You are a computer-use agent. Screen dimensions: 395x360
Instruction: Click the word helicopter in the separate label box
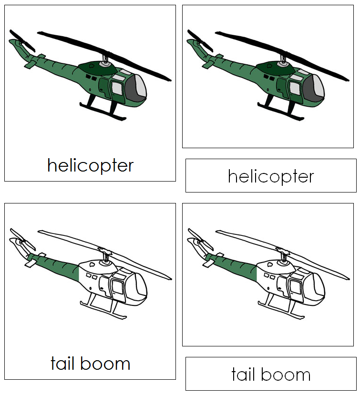(x=271, y=177)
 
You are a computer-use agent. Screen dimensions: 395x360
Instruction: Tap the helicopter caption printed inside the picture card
(x=90, y=165)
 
